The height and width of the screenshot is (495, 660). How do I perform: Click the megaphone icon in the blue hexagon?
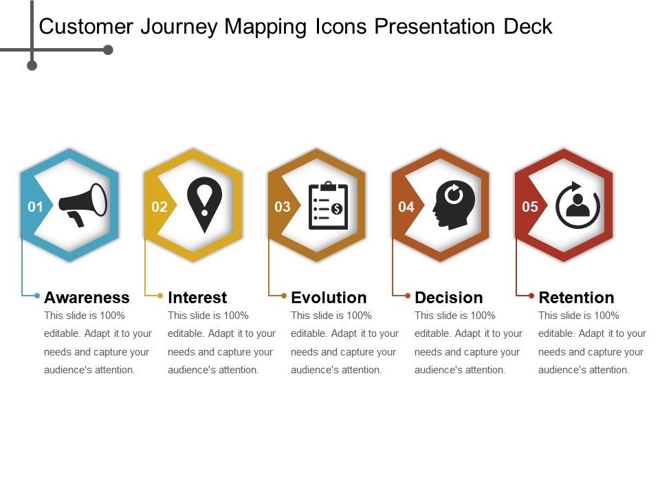click(x=82, y=204)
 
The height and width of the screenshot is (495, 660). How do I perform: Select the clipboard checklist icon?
click(x=328, y=206)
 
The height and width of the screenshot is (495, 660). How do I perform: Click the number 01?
click(x=35, y=207)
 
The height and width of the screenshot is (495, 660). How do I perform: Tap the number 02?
click(x=159, y=207)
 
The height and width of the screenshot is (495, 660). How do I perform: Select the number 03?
click(x=283, y=207)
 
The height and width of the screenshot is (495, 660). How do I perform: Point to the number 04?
click(x=406, y=207)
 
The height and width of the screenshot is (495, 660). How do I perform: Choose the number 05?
click(x=530, y=207)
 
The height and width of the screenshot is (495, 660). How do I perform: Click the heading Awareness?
click(x=87, y=298)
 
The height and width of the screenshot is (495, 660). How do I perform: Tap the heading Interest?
click(x=197, y=298)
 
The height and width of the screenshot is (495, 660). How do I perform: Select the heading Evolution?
click(x=329, y=298)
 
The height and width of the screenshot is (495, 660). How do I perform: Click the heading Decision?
click(x=449, y=298)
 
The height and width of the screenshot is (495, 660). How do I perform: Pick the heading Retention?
click(x=576, y=298)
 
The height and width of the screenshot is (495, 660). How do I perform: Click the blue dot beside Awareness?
click(x=37, y=296)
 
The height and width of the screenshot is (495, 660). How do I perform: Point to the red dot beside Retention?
click(x=531, y=296)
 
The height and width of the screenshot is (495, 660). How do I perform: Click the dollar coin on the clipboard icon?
click(x=337, y=208)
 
